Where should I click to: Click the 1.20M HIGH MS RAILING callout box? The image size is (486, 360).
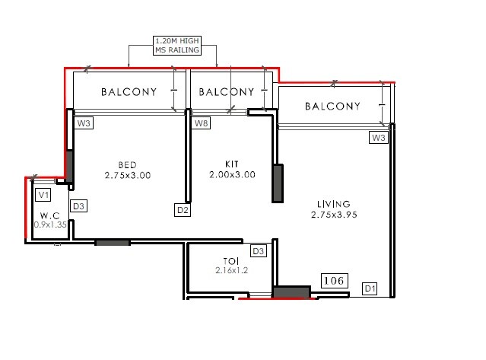pyautogui.click(x=176, y=45)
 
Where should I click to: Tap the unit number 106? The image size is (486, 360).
pyautogui.click(x=334, y=281)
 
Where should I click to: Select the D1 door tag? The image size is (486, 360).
pyautogui.click(x=370, y=288)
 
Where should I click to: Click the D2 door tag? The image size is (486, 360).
pyautogui.click(x=183, y=209)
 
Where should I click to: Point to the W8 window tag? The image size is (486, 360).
pyautogui.click(x=201, y=123)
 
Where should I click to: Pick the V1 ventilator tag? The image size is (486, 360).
pyautogui.click(x=44, y=194)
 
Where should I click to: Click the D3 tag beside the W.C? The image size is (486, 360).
pyautogui.click(x=78, y=206)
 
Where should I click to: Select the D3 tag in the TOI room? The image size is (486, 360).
pyautogui.click(x=258, y=251)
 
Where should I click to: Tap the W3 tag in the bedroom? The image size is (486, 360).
pyautogui.click(x=83, y=123)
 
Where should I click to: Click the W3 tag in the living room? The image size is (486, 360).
pyautogui.click(x=378, y=138)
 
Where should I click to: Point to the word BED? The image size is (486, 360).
pyautogui.click(x=128, y=164)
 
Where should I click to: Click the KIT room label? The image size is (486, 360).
pyautogui.click(x=232, y=164)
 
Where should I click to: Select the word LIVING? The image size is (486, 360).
pyautogui.click(x=334, y=204)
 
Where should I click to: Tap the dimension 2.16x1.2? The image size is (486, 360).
pyautogui.click(x=232, y=270)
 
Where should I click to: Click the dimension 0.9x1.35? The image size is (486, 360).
pyautogui.click(x=51, y=225)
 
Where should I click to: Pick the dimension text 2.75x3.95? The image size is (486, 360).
pyautogui.click(x=334, y=215)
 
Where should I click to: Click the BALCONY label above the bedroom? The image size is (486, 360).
pyautogui.click(x=129, y=92)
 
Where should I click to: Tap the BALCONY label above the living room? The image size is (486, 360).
pyautogui.click(x=332, y=107)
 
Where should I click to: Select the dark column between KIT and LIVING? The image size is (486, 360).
pyautogui.click(x=278, y=183)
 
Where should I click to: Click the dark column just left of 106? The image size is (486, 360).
pyautogui.click(x=291, y=292)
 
